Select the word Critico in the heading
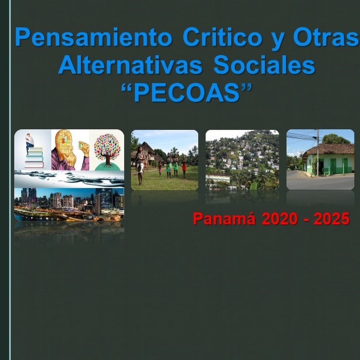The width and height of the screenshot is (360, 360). click(222, 37)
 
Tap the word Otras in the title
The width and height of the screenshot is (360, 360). click(326, 37)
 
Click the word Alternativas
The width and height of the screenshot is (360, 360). click(130, 65)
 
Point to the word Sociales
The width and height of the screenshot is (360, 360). click(264, 65)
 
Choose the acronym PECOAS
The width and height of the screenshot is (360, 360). click(186, 92)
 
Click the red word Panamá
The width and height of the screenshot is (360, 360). click(224, 218)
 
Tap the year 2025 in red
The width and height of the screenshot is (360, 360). click(332, 218)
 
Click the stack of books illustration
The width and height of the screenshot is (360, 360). click(34, 158)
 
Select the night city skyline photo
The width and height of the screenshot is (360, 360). click(69, 204)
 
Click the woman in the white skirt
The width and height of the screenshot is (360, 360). click(140, 165)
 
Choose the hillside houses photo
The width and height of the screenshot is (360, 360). click(242, 160)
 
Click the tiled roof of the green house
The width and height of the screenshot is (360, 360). click(330, 149)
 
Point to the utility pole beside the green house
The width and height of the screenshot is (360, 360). click(318, 152)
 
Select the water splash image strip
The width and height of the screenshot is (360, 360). click(69, 179)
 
